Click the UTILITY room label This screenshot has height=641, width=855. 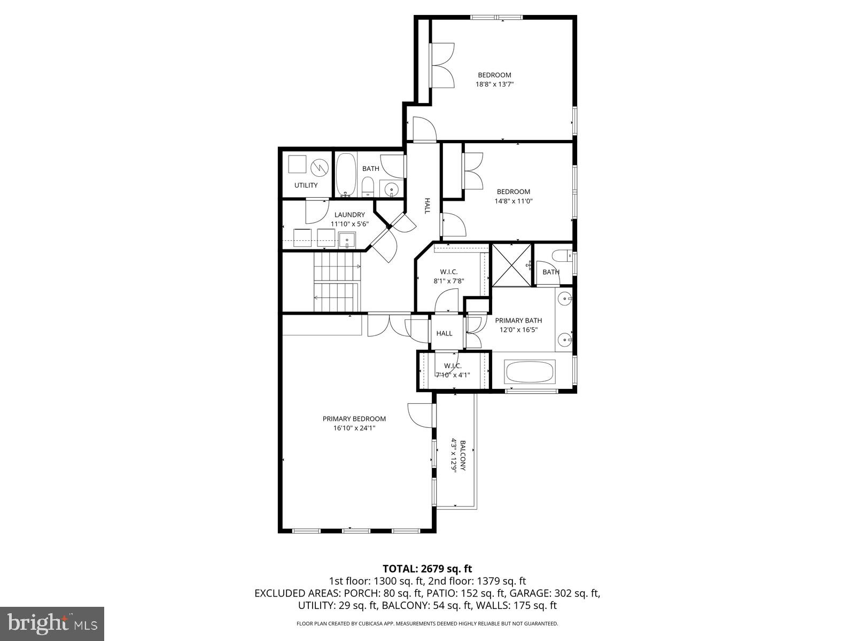coord(306,185)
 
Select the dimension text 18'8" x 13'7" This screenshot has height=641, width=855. coord(494,84)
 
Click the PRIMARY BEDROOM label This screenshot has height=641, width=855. coord(354,419)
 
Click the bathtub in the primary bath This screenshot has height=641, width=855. coord(530,372)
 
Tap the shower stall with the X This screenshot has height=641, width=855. coord(511,264)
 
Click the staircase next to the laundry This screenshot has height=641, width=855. coord(337,282)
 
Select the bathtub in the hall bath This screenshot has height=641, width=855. coord(346,174)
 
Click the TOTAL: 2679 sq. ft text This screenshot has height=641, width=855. coord(427,569)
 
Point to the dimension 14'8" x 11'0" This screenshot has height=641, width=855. coord(513,201)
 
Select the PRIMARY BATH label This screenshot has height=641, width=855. coord(518,320)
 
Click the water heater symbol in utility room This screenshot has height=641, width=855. coord(320,167)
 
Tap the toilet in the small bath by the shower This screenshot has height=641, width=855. coord(561,255)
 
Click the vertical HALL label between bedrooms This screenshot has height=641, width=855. coord(427,206)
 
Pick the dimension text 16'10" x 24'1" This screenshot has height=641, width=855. coord(354,428)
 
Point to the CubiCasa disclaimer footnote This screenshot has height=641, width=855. coord(427,623)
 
